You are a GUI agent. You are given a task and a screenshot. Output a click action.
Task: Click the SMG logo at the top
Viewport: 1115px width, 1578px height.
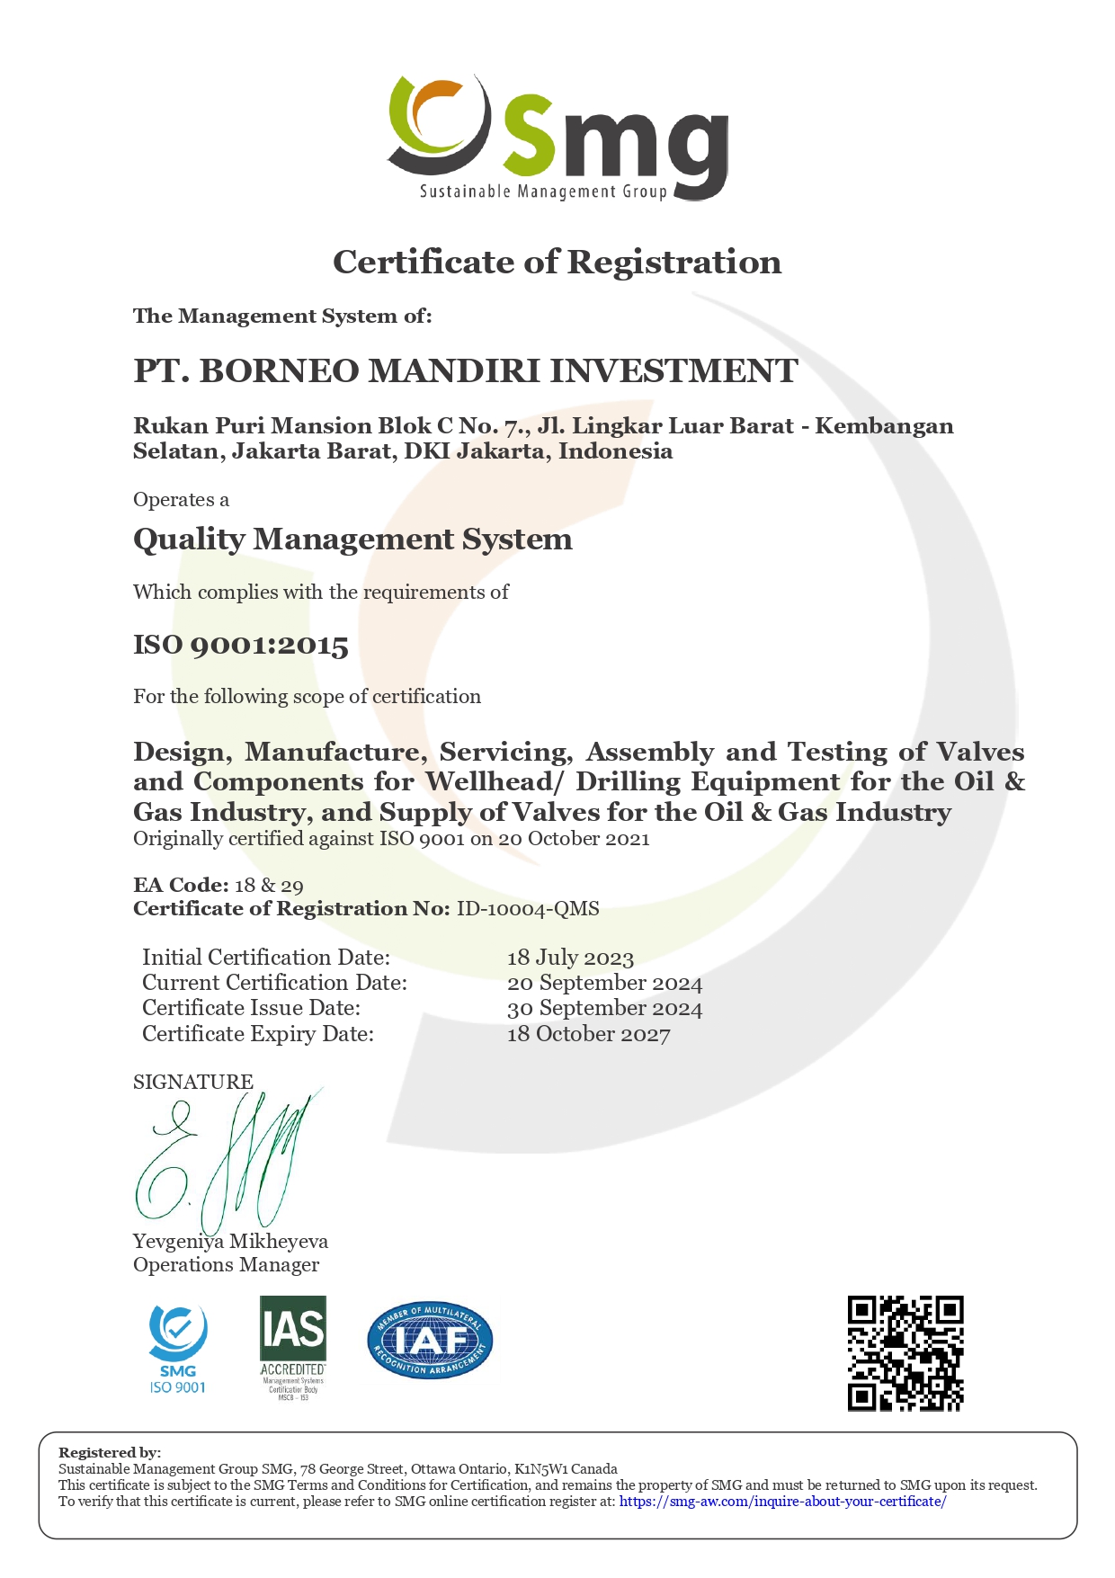point(557,138)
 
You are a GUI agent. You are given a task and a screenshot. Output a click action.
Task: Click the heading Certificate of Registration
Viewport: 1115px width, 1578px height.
point(557,262)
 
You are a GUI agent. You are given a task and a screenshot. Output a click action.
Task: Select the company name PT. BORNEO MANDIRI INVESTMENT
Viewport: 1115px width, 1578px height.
point(465,370)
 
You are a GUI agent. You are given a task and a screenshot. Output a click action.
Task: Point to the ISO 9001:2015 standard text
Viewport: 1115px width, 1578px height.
point(241,645)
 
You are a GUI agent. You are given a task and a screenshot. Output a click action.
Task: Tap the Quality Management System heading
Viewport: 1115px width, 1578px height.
point(352,539)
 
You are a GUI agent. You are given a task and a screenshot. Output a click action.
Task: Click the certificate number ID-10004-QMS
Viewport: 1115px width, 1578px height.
point(528,908)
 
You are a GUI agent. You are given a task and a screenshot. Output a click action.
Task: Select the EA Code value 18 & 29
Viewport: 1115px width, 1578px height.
point(269,885)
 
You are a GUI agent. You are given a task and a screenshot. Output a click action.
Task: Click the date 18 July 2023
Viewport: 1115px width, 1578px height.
point(570,958)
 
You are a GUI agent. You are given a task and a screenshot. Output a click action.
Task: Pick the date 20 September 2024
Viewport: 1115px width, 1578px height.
point(604,983)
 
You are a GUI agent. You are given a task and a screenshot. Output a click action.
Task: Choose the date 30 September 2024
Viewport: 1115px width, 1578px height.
point(604,1008)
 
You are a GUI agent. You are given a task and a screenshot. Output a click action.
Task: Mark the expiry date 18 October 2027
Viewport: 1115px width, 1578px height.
point(588,1034)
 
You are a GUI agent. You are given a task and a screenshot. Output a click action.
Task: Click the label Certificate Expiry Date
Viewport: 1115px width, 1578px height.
point(258,1034)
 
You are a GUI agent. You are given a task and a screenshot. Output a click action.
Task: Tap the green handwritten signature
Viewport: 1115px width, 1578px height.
point(225,1160)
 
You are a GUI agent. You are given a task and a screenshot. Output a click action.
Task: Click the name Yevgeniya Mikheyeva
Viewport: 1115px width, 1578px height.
point(230,1241)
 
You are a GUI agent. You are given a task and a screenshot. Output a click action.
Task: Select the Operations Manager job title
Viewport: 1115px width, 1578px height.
point(226,1264)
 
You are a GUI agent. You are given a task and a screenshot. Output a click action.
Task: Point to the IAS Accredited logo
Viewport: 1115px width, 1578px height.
point(292,1348)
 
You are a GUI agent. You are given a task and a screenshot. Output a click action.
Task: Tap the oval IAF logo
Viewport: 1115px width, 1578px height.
point(430,1341)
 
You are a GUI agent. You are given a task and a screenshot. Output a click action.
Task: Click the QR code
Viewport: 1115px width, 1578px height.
point(905,1353)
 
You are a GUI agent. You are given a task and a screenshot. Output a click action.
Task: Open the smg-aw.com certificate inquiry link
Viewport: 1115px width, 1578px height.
point(782,1501)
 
